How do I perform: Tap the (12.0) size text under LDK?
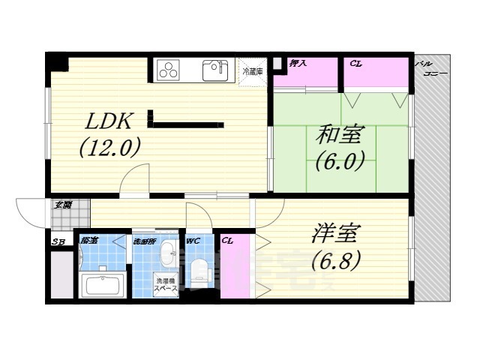tap(110, 148)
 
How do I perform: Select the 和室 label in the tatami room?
tap(340, 135)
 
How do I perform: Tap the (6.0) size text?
tap(340, 160)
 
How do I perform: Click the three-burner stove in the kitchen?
tap(169, 71)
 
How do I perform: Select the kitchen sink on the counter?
tap(215, 71)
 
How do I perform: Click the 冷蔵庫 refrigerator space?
tap(253, 72)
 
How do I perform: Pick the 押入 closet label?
tap(298, 64)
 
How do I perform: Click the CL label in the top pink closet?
tap(356, 64)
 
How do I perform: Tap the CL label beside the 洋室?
tap(227, 241)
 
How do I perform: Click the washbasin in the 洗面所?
tap(166, 253)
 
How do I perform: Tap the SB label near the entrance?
tap(58, 241)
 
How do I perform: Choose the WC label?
tap(193, 241)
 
